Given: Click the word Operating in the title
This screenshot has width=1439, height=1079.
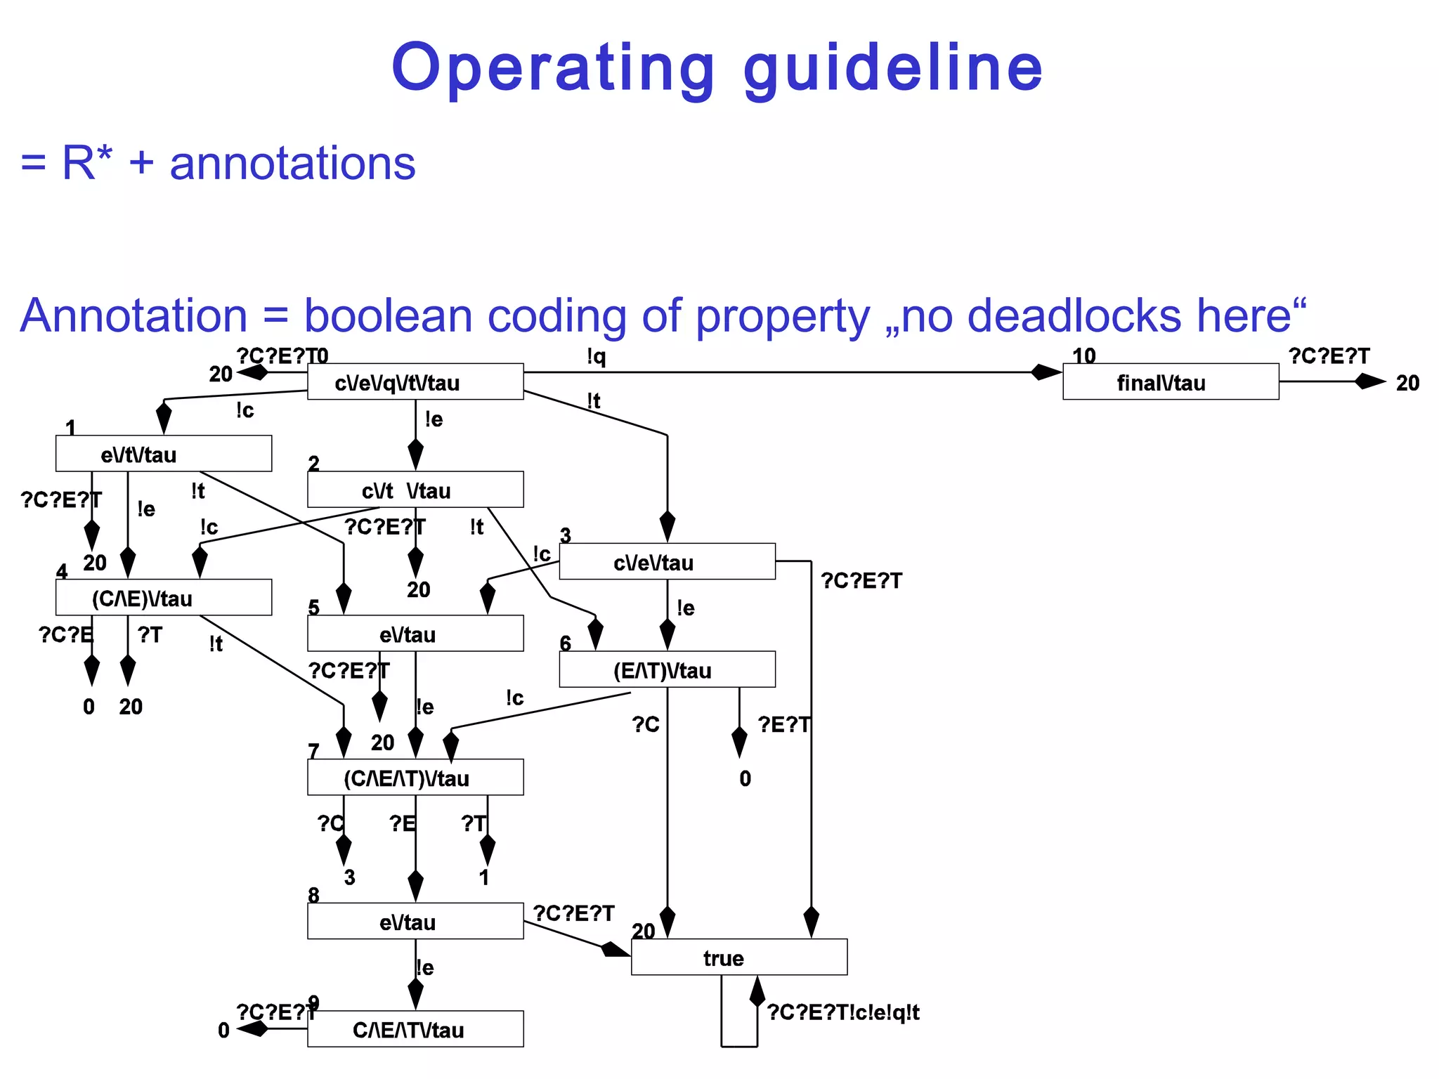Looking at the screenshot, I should [552, 68].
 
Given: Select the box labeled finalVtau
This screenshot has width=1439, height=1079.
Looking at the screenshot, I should [1170, 382].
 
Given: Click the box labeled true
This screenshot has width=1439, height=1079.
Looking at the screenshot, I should [738, 957].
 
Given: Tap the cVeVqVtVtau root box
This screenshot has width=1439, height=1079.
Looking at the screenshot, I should [415, 382].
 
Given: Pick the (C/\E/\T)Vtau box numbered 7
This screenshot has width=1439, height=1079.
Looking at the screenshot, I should [415, 778].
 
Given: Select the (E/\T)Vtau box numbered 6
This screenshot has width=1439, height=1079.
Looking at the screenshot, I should [667, 669].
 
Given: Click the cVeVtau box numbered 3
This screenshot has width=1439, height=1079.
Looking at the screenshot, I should [667, 561].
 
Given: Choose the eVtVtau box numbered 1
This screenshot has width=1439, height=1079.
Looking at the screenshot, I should [163, 454].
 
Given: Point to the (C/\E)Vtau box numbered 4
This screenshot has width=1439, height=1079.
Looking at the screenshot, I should [163, 598].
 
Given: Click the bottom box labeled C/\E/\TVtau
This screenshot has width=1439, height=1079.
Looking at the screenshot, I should [415, 1029].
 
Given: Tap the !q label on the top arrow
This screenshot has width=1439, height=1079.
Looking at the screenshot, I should [596, 357].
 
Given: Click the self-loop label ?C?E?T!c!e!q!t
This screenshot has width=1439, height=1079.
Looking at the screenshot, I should [842, 1012].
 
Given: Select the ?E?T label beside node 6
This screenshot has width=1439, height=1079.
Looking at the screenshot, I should [783, 724].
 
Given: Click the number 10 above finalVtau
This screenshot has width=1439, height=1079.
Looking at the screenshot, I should [1083, 356].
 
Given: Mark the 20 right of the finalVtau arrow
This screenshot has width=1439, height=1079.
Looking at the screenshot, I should [1407, 383].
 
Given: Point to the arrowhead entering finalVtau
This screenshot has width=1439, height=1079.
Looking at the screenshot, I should [1046, 372].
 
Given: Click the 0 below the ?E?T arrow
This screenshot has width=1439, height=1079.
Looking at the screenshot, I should [745, 778].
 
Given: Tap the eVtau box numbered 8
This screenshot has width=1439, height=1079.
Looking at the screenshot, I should [415, 921].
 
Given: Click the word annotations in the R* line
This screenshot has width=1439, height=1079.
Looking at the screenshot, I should [292, 163].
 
